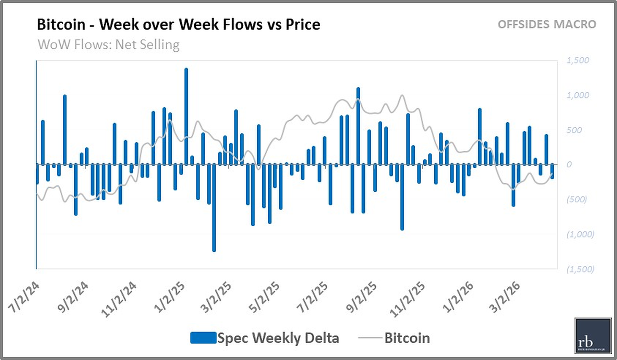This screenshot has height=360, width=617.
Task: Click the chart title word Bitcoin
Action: point(61,25)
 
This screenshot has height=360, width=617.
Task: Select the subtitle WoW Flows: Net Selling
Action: point(108,45)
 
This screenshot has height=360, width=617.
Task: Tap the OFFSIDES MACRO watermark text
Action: point(547,25)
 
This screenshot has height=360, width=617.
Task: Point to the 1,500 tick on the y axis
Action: point(578,61)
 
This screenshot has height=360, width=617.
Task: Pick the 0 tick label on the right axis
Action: point(569,165)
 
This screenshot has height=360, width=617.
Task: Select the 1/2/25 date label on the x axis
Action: point(169,297)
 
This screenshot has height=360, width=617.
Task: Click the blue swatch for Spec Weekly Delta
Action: point(203,338)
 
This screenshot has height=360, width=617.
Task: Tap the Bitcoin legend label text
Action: point(407,338)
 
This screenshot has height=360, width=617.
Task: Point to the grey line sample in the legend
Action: point(370,338)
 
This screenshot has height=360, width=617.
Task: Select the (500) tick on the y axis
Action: point(577,200)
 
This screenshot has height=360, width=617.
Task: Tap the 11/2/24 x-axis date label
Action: point(119,298)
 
